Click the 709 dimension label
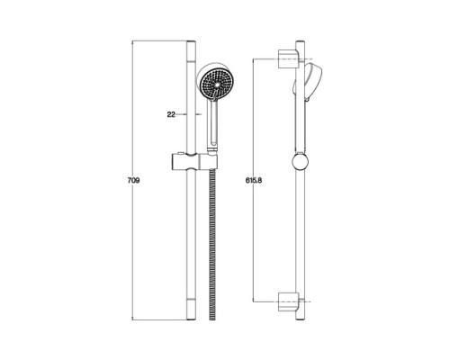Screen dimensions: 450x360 [x=133, y=181]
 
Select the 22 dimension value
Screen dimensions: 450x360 [x=171, y=114]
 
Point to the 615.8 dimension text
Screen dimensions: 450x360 [x=254, y=181]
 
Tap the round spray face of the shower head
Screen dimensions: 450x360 [x=217, y=85]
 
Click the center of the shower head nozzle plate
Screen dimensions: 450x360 [x=217, y=85]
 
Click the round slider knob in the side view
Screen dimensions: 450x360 [x=300, y=163]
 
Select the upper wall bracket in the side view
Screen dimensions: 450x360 [x=288, y=59]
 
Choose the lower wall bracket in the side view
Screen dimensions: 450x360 [x=288, y=301]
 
